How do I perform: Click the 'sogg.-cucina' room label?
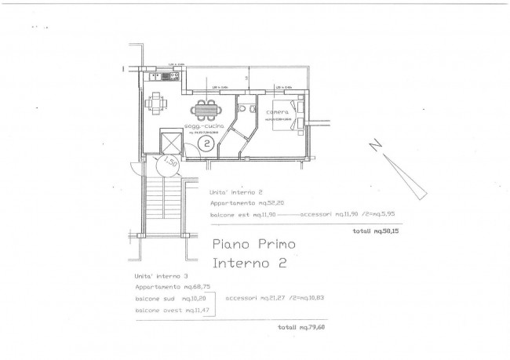[204, 125]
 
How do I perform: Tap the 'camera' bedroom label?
[277, 112]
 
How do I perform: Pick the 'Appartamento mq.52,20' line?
[244, 202]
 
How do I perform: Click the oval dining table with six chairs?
[206, 107]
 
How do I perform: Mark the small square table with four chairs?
[158, 101]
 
